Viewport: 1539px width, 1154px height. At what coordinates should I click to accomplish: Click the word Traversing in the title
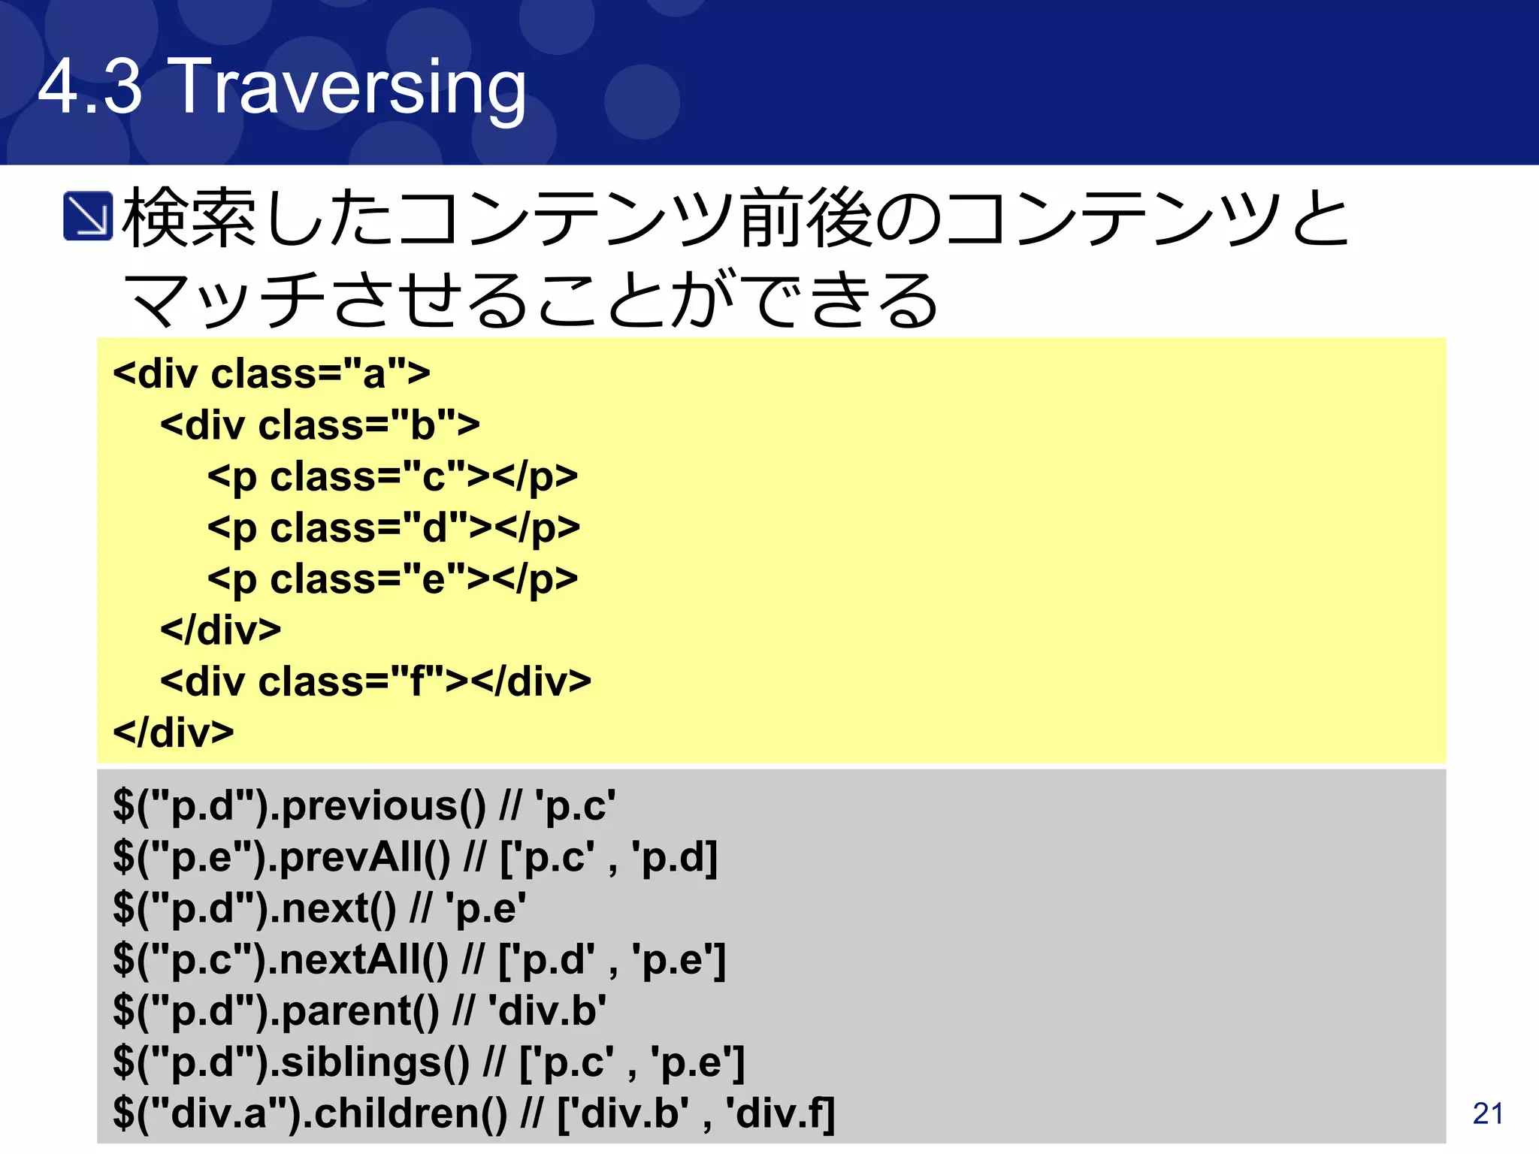[349, 89]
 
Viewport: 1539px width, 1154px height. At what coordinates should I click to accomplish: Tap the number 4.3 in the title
[90, 87]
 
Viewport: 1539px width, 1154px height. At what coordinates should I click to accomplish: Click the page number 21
[1488, 1113]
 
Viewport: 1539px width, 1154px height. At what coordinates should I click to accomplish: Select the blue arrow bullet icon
[88, 216]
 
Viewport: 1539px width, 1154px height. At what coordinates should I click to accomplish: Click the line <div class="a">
[271, 373]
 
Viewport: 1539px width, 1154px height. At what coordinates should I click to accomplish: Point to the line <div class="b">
[319, 425]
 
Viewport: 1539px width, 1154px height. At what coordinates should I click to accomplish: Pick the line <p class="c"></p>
[392, 476]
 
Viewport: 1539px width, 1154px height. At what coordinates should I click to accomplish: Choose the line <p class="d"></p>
[394, 527]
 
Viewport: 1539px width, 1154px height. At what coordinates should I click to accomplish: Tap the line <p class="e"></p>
[392, 579]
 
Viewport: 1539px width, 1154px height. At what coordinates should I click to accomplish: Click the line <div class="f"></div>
[375, 681]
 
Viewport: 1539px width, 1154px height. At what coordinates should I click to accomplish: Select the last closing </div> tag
[173, 733]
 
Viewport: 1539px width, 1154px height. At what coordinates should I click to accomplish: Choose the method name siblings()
[375, 1062]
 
